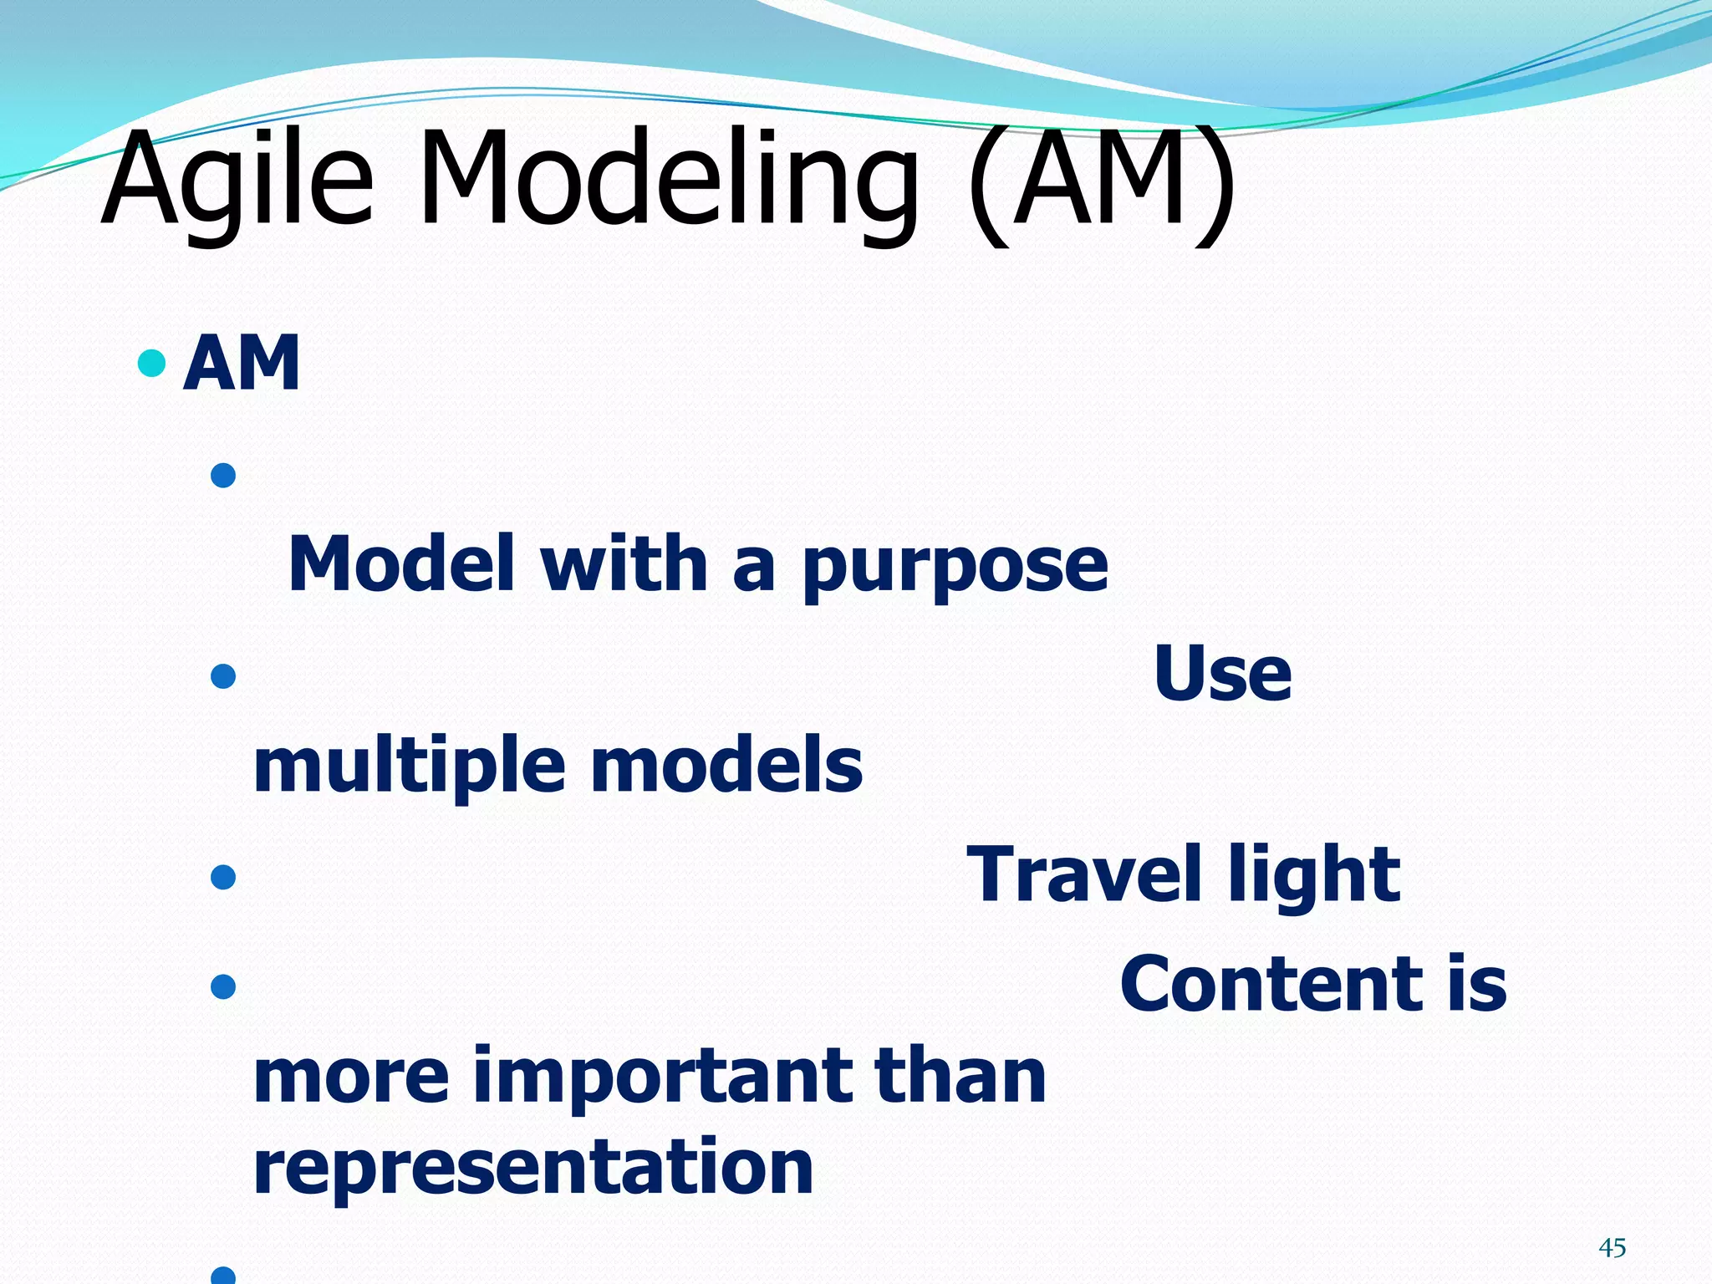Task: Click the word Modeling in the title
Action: tap(669, 180)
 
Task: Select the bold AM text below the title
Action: tap(242, 363)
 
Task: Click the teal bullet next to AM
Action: tap(151, 363)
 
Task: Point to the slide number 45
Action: tap(1612, 1248)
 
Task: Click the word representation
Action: tap(532, 1168)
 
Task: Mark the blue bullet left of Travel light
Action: tap(223, 877)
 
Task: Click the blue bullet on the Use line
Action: tap(223, 675)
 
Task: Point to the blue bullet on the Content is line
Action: tap(223, 987)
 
